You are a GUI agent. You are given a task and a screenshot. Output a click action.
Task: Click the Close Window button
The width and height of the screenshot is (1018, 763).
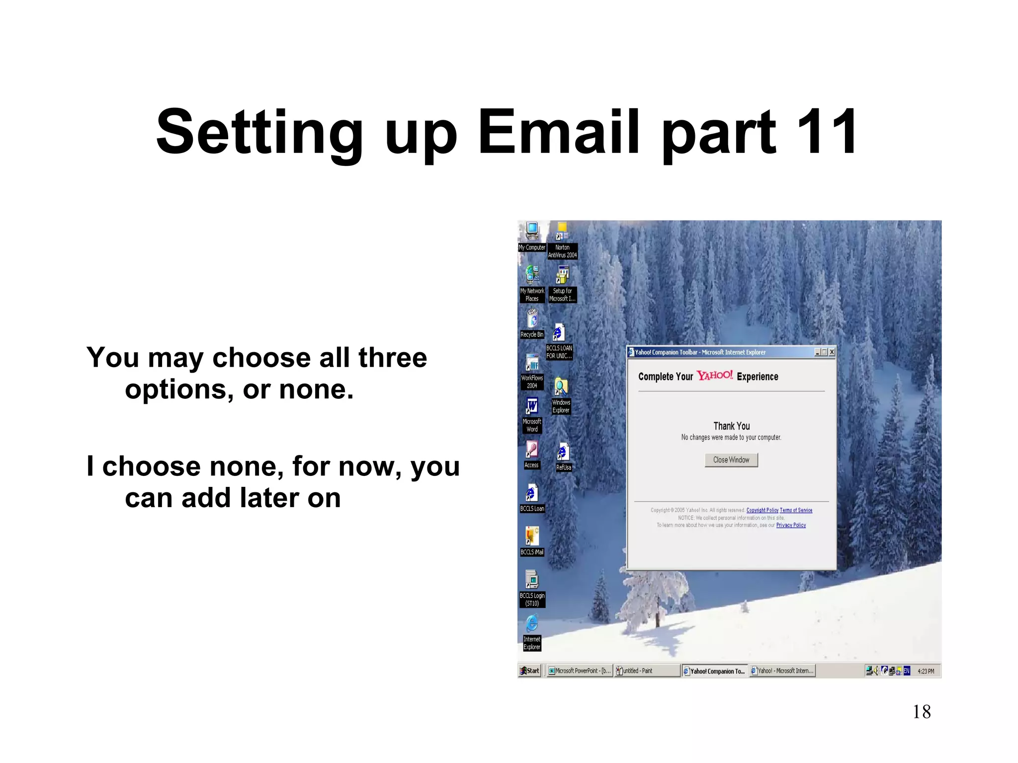[x=731, y=460]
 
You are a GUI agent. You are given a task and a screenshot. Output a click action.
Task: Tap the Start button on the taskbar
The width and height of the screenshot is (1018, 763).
[x=530, y=671]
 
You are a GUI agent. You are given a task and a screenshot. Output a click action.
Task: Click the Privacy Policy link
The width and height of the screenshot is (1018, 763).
[x=791, y=525]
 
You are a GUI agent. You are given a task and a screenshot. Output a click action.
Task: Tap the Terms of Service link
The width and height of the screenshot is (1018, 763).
[x=796, y=510]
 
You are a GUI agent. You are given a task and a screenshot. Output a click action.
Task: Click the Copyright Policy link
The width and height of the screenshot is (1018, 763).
[x=762, y=510]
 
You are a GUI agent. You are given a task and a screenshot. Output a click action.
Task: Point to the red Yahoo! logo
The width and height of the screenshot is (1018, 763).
[x=715, y=376]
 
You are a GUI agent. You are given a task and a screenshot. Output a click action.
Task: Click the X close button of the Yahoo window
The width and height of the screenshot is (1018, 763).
[x=832, y=352]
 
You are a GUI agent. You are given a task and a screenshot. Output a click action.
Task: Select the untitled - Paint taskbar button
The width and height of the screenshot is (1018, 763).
[x=647, y=671]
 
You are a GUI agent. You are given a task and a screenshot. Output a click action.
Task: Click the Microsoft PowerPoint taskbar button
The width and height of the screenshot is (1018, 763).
[x=579, y=671]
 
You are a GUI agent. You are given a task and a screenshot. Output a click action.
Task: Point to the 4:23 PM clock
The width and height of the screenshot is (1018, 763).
[x=926, y=671]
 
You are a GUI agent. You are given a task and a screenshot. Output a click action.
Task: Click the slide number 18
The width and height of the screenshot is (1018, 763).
[x=922, y=712]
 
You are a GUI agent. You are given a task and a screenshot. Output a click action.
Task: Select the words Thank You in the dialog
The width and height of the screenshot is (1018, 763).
[x=731, y=426]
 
